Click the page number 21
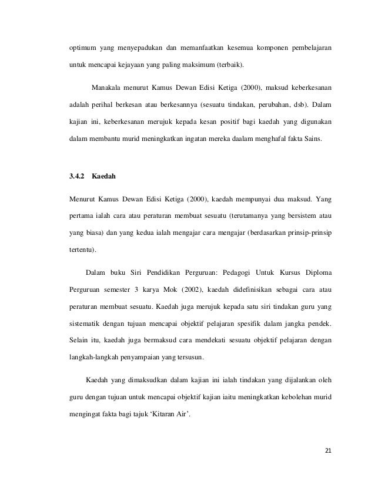(x=328, y=450)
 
